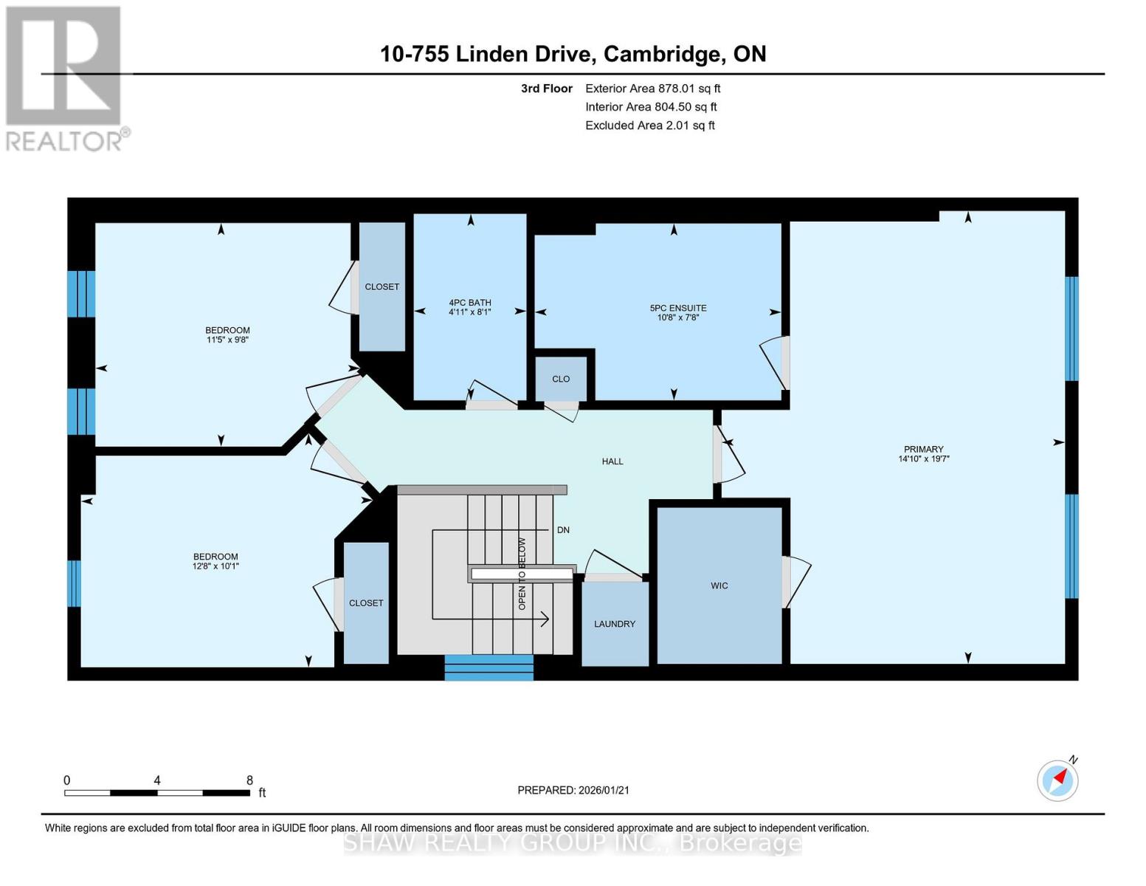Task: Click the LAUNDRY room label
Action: [x=614, y=624]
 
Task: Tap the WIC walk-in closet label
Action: [x=719, y=585]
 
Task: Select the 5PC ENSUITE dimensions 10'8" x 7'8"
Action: [x=677, y=317]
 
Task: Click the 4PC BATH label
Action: [x=469, y=303]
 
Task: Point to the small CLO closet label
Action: [x=560, y=379]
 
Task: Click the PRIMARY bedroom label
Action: [x=923, y=449]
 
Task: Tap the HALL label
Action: [x=612, y=461]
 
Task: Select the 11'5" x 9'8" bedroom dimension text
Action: [x=227, y=340]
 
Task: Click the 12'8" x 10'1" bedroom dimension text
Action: [x=215, y=566]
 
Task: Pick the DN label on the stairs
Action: [x=563, y=530]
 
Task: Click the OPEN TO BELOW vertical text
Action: [x=522, y=573]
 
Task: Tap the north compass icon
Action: [x=1057, y=780]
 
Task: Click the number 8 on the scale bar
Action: [x=249, y=780]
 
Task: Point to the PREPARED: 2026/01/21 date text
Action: [x=573, y=790]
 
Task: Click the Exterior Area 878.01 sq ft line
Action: [x=652, y=89]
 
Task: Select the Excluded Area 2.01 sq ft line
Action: [x=649, y=126]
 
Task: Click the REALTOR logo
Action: [x=65, y=78]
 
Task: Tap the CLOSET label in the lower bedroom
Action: [x=365, y=603]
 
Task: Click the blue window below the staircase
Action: [x=489, y=667]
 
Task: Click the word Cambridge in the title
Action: [x=662, y=54]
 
